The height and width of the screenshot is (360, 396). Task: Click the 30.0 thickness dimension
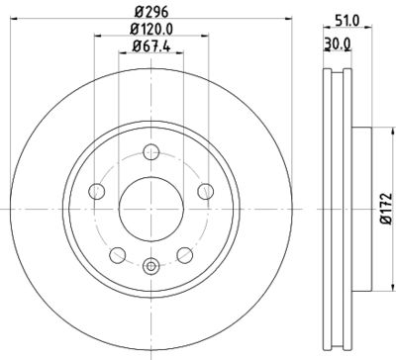click(x=337, y=43)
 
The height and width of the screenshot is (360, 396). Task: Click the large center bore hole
click(x=150, y=207)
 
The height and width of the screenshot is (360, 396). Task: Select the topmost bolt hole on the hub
click(x=150, y=151)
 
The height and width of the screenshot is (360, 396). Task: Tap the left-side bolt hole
click(x=96, y=192)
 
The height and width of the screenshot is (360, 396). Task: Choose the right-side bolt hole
click(x=205, y=192)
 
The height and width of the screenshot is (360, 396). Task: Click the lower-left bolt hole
click(x=117, y=253)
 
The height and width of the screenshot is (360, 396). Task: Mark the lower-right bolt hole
click(x=184, y=253)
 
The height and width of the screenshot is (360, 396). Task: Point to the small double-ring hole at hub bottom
click(x=150, y=264)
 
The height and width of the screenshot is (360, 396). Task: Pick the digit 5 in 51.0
click(x=338, y=17)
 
